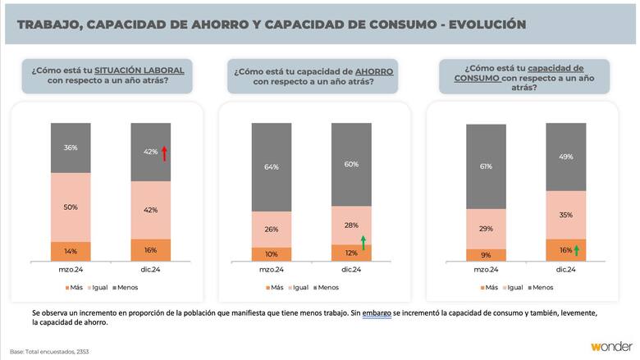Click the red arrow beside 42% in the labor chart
[164, 153]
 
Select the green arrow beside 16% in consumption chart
[577, 250]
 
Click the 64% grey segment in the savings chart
[271, 166]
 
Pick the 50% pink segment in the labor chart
[71, 207]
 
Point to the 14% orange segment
[71, 252]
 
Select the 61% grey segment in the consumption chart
[486, 166]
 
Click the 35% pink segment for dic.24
[565, 215]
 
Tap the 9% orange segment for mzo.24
[486, 255]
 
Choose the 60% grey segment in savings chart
[351, 164]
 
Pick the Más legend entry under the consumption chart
[490, 287]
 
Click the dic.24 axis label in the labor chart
[151, 269]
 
